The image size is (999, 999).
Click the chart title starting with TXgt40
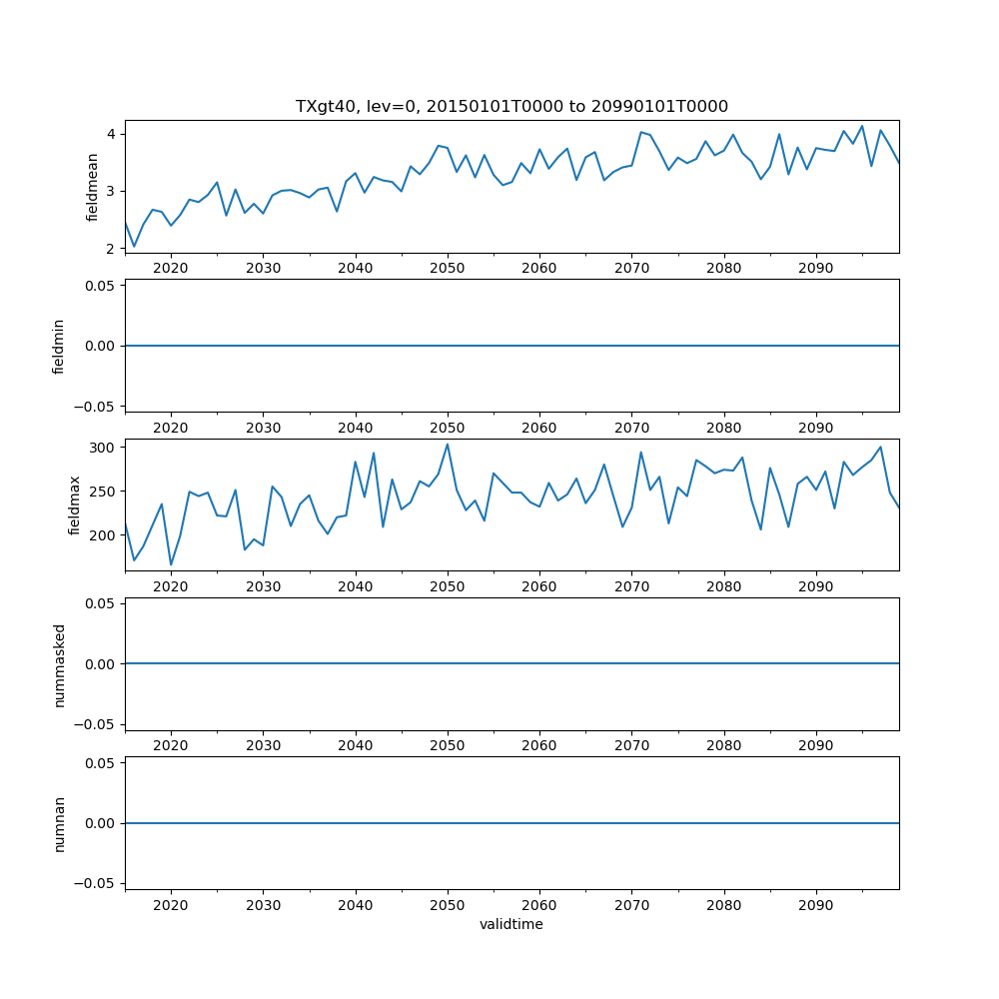[x=511, y=106]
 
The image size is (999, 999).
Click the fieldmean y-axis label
[x=92, y=187]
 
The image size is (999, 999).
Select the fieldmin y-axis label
[x=59, y=346]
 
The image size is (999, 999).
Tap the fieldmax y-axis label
[x=74, y=504]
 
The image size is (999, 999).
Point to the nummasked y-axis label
[x=59, y=663]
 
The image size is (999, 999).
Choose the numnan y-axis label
[x=59, y=823]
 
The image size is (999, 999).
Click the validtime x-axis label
[x=511, y=924]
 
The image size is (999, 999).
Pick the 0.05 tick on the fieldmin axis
[x=102, y=286]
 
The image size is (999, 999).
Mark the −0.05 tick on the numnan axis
[x=99, y=883]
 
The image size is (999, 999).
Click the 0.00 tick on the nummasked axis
[x=102, y=663]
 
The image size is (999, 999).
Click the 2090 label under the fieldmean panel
[x=816, y=268]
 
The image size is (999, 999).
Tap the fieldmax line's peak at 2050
[x=448, y=444]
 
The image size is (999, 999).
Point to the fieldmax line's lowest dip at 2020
[x=171, y=564]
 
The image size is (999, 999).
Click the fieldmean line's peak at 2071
[x=640, y=132]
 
